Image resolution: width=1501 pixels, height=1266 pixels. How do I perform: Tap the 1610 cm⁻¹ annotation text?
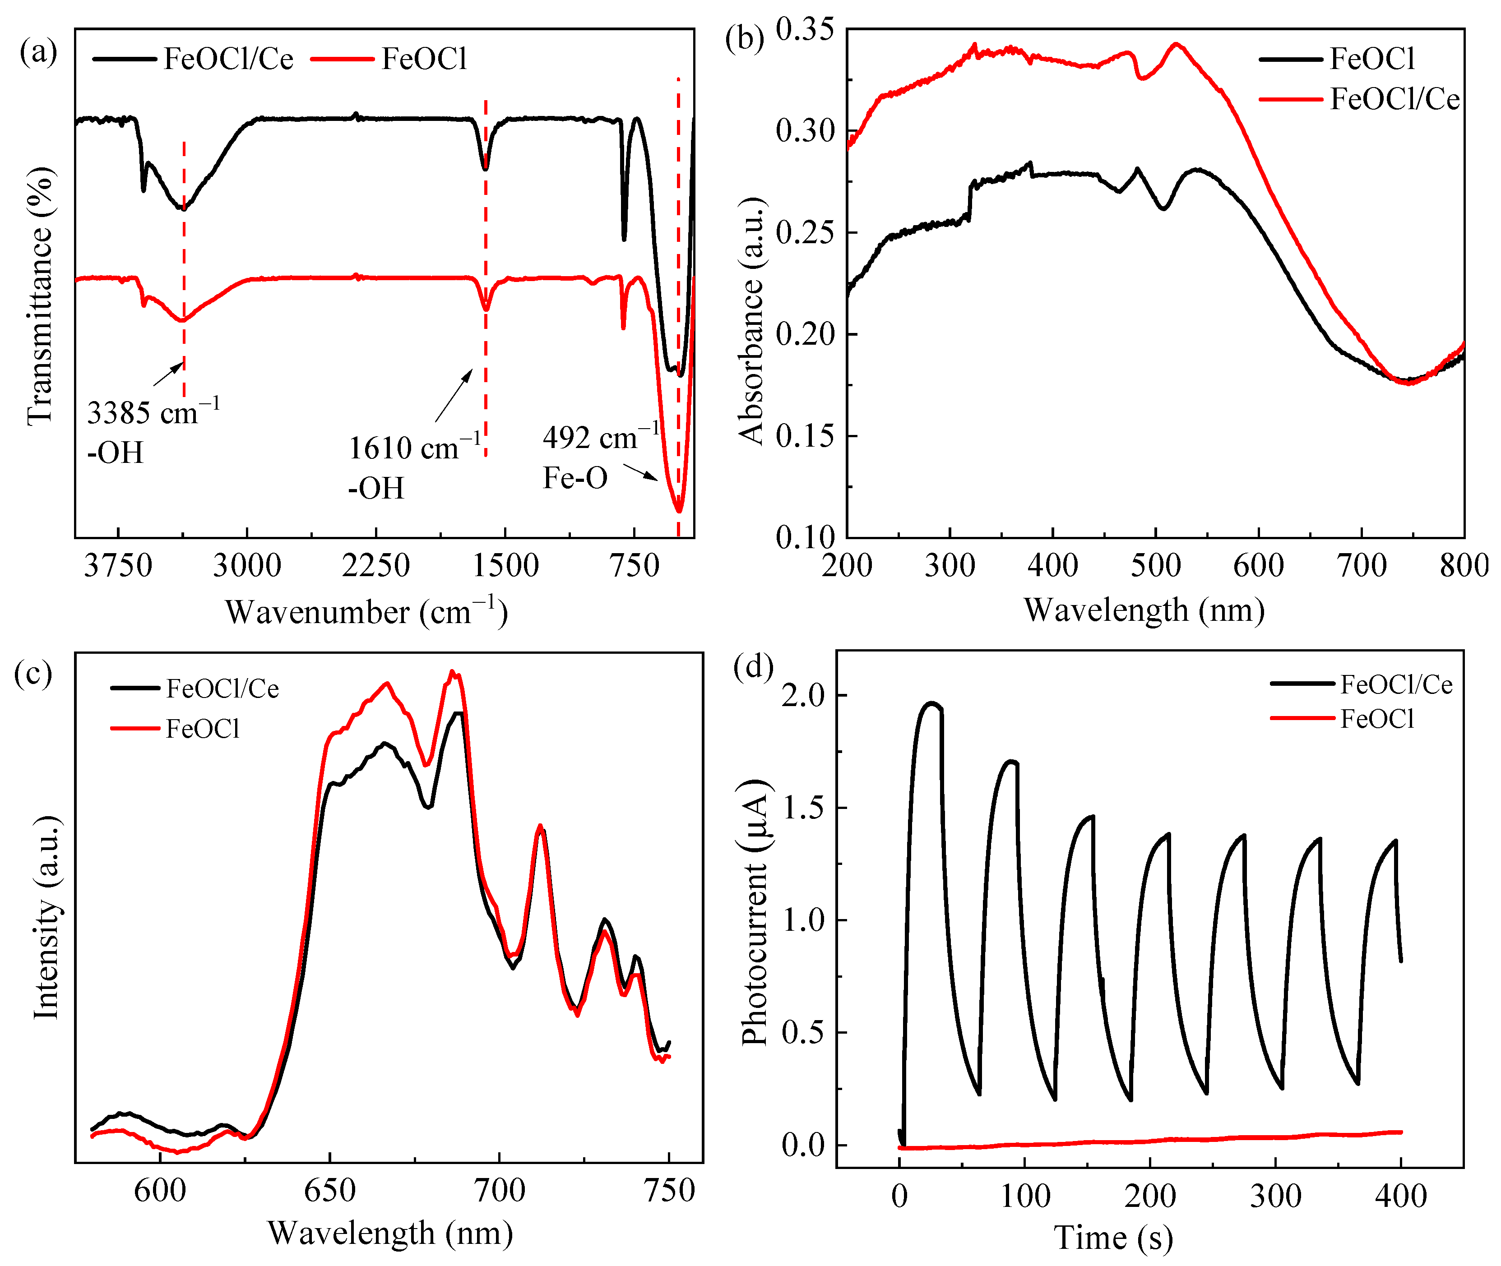tap(414, 448)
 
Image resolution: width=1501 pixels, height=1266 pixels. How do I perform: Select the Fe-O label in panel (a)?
tap(574, 478)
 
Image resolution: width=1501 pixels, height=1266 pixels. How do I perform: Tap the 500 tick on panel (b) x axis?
tap(1155, 565)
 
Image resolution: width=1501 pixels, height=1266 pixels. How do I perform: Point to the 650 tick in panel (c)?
tap(329, 1191)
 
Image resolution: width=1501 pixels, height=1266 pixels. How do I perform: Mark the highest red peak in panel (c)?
tap(452, 672)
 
